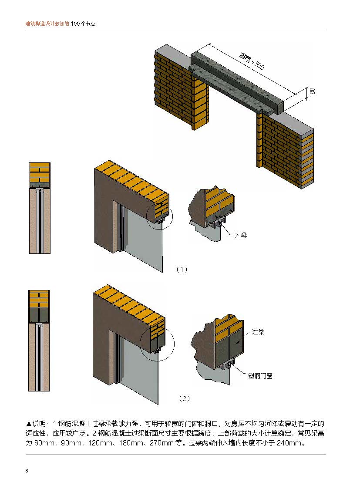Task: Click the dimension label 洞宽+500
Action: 252,61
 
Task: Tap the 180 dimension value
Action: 312,92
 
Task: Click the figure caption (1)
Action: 182,270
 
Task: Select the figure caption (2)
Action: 185,398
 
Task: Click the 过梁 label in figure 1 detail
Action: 241,236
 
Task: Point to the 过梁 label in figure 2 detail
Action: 258,332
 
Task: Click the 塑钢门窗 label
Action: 260,376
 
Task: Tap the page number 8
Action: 27,471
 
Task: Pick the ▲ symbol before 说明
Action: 29,423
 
